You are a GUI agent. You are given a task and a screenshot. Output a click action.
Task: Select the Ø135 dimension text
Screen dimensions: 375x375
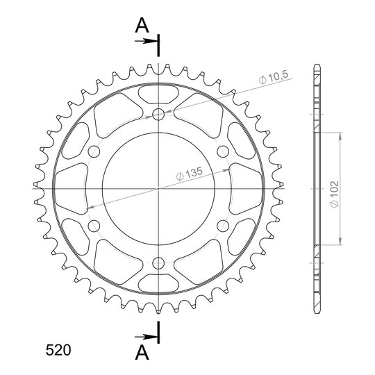click(x=190, y=174)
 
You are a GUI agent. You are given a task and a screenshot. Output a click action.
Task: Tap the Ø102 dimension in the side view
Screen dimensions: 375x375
click(x=334, y=194)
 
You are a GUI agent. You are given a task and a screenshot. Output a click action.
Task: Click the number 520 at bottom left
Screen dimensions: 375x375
click(x=58, y=351)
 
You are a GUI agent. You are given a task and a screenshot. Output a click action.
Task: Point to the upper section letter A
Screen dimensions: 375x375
click(x=142, y=26)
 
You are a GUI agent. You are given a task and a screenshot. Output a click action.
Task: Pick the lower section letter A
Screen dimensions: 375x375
click(x=142, y=353)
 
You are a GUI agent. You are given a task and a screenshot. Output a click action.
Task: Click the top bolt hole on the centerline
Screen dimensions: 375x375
click(x=158, y=115)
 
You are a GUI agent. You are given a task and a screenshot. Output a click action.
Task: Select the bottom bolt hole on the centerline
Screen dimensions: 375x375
click(x=158, y=263)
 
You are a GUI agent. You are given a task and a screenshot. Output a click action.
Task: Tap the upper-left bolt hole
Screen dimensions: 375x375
click(x=94, y=151)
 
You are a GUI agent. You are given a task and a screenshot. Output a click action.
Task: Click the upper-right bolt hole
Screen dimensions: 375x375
click(x=223, y=151)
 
